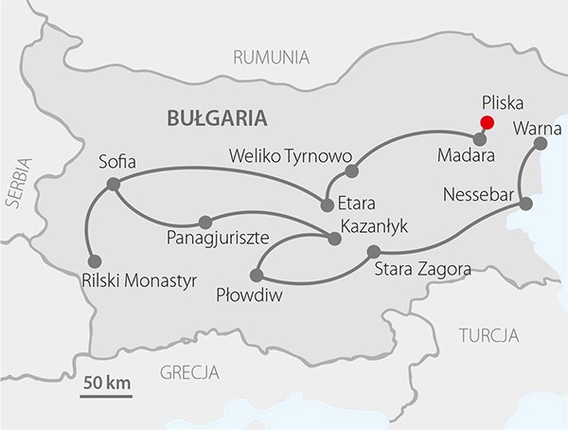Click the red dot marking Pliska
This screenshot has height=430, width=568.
pos(487,122)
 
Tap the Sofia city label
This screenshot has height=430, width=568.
pos(117,162)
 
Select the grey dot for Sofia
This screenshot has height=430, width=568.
pos(114,184)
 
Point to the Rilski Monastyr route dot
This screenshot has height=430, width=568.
pos(94,261)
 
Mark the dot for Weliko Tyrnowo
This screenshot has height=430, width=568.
pos(351,171)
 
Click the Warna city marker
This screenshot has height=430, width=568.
pos(541,144)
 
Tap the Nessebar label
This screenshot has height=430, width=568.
pos(477,196)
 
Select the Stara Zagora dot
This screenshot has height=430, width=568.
pos(373,251)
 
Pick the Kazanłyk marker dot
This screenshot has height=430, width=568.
pos(333,239)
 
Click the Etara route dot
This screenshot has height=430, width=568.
pos(327,202)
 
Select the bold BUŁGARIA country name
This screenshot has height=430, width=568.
pos(216,118)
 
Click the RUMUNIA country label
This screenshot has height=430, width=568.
pos(272,58)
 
